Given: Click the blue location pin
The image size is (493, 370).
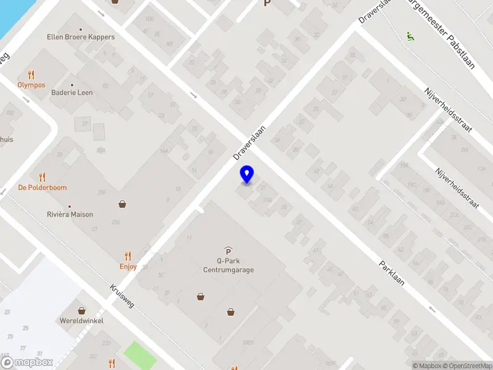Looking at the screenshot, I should tap(247, 175).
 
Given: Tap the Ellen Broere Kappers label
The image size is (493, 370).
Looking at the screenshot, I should tap(81, 37).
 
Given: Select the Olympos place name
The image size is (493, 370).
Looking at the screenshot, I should tap(31, 85).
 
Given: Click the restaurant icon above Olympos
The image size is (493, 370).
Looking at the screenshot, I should tap(31, 75).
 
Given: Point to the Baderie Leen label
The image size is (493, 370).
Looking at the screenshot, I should tap(73, 92).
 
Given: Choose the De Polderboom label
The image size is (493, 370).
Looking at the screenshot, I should tap(43, 187).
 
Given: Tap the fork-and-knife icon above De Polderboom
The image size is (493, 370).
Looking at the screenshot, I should tap(43, 176).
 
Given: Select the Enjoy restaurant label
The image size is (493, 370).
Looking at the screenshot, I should tap(128, 267).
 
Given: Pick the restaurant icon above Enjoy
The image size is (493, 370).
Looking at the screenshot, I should tap(128, 255).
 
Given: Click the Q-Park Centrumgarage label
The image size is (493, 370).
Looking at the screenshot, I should tap(228, 265).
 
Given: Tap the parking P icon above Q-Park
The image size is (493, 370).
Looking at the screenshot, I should tap(228, 250).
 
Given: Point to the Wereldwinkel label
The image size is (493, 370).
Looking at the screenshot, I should tap(82, 321).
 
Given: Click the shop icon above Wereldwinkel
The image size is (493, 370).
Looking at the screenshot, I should tap(81, 310).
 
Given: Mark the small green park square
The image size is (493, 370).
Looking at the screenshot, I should tap(140, 353).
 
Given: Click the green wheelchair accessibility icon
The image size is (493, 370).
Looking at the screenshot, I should tap(409, 36).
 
